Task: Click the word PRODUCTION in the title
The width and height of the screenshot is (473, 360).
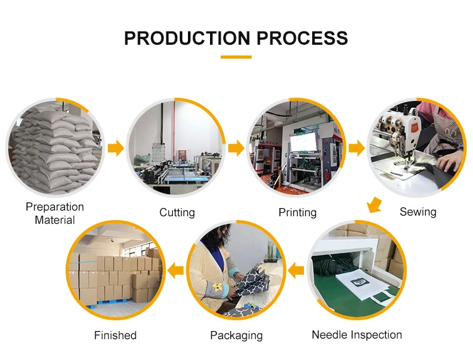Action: (x=182, y=38)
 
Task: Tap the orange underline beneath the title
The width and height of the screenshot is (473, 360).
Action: (x=236, y=57)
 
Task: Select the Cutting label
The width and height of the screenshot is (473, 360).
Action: (x=177, y=212)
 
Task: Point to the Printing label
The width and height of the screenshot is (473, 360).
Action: (x=297, y=212)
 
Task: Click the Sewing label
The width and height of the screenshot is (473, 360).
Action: (x=418, y=212)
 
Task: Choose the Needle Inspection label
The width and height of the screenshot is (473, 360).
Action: (x=356, y=335)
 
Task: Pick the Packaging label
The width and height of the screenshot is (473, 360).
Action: (x=236, y=335)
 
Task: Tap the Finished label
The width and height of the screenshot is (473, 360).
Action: (x=115, y=335)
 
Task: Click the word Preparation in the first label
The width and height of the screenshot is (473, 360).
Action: (x=55, y=207)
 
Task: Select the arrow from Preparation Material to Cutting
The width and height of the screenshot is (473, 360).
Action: (x=115, y=149)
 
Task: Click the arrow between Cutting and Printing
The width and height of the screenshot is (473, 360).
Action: (x=236, y=149)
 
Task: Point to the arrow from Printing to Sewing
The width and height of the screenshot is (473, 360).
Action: (x=356, y=149)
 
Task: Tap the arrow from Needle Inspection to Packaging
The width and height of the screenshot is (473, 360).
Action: (x=296, y=271)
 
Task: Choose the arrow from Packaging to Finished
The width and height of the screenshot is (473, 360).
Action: (x=175, y=271)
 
